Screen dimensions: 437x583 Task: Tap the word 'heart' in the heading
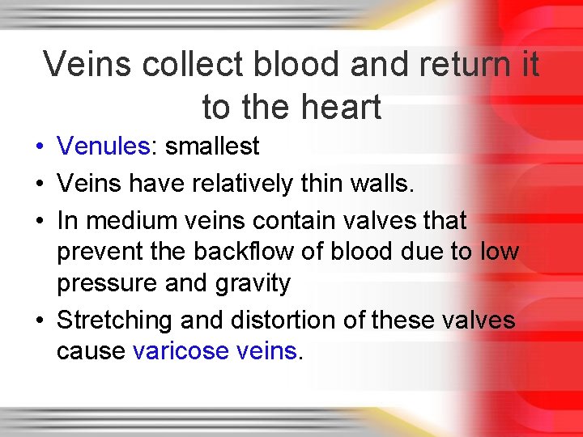(x=340, y=106)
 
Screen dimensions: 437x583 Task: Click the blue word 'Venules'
(x=104, y=146)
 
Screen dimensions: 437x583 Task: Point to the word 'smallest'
(x=210, y=146)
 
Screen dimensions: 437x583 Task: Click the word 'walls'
(x=379, y=184)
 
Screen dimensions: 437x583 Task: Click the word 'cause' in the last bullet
(x=91, y=351)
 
